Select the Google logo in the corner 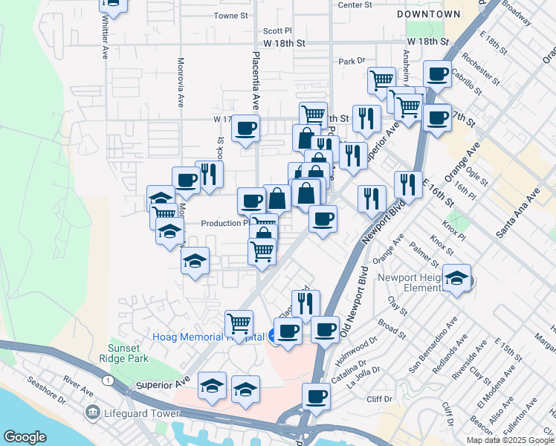[25, 437]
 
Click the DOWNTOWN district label [428, 14]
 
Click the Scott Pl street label [278, 31]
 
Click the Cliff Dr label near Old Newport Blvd [378, 399]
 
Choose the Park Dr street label [352, 61]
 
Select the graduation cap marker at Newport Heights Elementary [456, 278]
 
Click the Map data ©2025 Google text [509, 440]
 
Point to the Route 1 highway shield [109, 381]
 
